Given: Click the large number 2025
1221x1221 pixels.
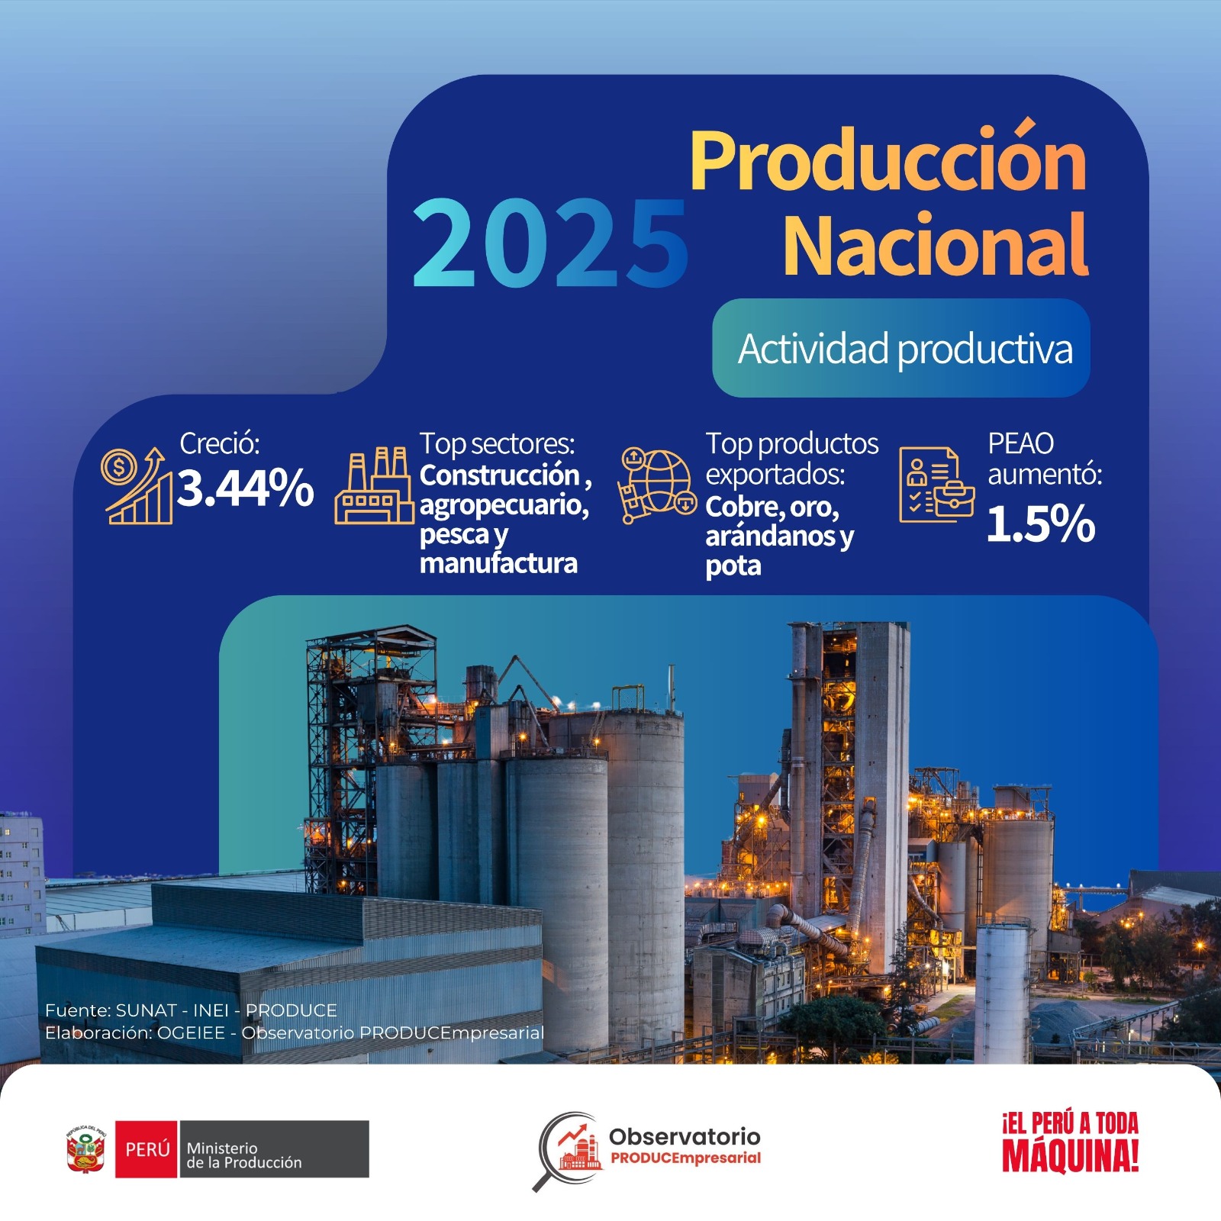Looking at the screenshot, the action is [x=550, y=243].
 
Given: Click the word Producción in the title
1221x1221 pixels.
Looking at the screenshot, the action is [x=889, y=162].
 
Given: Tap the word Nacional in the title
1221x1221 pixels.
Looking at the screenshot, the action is [x=936, y=245].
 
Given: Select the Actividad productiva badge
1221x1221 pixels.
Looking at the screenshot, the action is [x=901, y=348].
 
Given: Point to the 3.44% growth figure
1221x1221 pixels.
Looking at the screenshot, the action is [x=246, y=488].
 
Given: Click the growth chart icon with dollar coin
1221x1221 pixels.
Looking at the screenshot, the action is [x=137, y=485].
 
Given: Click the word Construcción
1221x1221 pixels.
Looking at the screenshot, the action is [x=500, y=475].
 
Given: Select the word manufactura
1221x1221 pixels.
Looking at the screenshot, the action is [x=498, y=563].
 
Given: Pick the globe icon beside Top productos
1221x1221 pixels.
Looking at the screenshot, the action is [x=657, y=485].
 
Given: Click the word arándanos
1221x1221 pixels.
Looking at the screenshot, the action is [x=771, y=536].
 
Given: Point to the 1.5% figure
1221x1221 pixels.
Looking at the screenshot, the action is [x=1041, y=524].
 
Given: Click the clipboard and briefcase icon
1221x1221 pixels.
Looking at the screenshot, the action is [x=937, y=485].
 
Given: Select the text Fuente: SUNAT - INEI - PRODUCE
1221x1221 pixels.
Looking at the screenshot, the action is [x=191, y=1010].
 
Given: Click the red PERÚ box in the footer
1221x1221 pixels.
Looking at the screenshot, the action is [x=147, y=1149].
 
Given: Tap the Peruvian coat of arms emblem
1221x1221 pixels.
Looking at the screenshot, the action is [x=86, y=1149].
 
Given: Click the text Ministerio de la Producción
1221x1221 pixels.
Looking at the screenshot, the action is [x=244, y=1155].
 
